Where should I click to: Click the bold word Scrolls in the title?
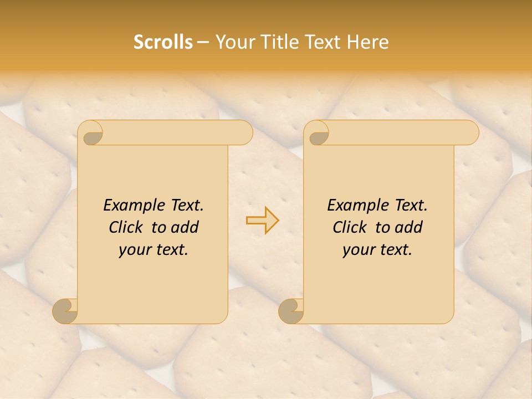163,42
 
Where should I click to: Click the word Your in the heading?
235,42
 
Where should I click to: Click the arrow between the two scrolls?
263,221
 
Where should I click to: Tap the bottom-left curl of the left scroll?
65,311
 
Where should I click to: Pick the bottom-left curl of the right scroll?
291,311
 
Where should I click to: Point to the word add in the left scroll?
184,228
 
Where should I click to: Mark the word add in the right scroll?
408,228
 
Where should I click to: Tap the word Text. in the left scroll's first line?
187,206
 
